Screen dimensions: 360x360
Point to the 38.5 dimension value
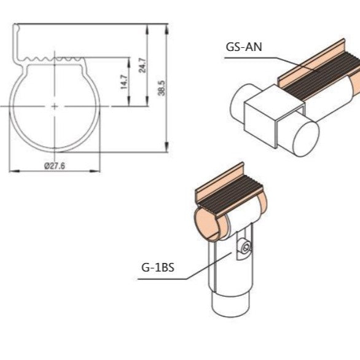click(x=161, y=87)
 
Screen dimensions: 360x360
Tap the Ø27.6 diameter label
click(x=55, y=165)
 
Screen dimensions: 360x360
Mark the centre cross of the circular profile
click(x=55, y=106)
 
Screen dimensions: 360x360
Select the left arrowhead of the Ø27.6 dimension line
click(x=12, y=170)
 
